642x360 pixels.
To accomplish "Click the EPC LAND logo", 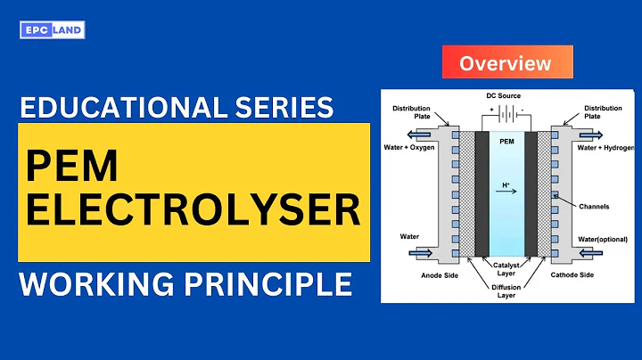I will [52, 31].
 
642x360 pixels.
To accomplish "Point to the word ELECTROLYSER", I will [193, 211].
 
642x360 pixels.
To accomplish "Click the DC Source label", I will [504, 95].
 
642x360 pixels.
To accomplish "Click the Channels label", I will [593, 206].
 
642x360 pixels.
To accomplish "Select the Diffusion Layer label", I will [505, 290].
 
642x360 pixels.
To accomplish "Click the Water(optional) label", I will [600, 239].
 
